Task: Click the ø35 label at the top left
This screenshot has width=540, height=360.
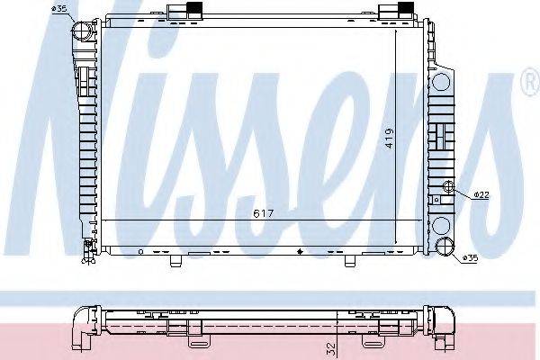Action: tap(61, 9)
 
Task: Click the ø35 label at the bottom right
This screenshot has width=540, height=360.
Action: tap(470, 259)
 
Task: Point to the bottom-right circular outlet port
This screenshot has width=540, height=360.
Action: tap(445, 249)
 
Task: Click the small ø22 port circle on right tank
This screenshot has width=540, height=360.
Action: tap(449, 187)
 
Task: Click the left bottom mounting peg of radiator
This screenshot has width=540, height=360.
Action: tap(176, 261)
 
